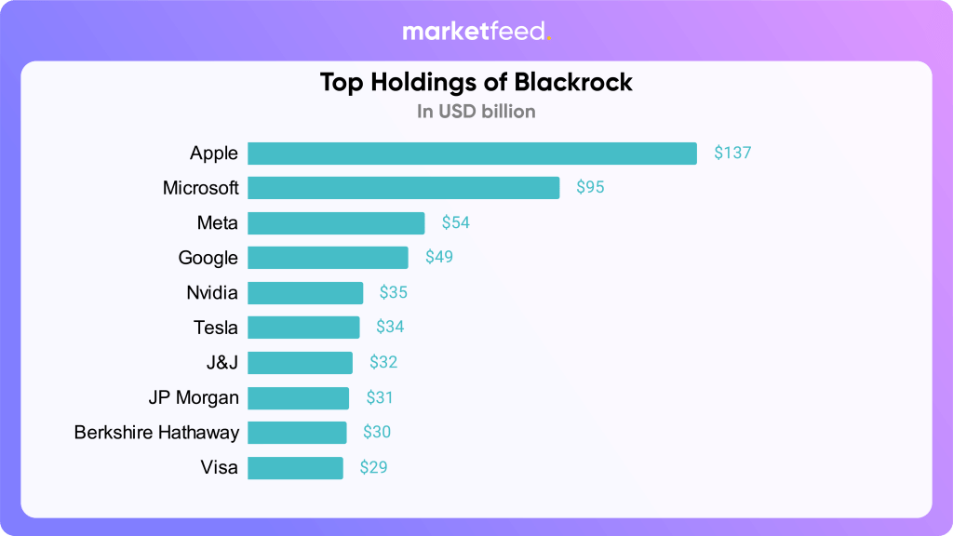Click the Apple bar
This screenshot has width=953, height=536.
coord(472,154)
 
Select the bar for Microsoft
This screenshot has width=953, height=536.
coord(403,188)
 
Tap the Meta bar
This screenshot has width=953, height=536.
coord(336,223)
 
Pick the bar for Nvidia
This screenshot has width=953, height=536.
coord(305,293)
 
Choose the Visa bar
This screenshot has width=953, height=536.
coord(295,467)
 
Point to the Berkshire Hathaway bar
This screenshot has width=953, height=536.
coord(297,433)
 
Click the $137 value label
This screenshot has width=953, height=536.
coord(732,154)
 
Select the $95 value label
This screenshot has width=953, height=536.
coord(590,188)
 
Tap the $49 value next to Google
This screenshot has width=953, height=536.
coord(439,258)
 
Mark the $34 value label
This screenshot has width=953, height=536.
coord(390,328)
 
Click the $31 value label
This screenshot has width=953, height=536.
coord(380,397)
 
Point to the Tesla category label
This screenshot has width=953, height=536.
coord(216,328)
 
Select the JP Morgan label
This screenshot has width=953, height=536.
coord(194,397)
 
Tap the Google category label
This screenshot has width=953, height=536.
coord(208,258)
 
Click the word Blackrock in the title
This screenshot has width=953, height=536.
coord(567,82)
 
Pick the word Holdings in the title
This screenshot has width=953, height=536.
coord(422,83)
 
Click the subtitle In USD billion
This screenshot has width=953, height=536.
coord(476,112)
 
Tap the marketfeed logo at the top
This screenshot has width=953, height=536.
coord(475,32)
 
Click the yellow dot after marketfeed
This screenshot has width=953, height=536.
coord(549,38)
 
